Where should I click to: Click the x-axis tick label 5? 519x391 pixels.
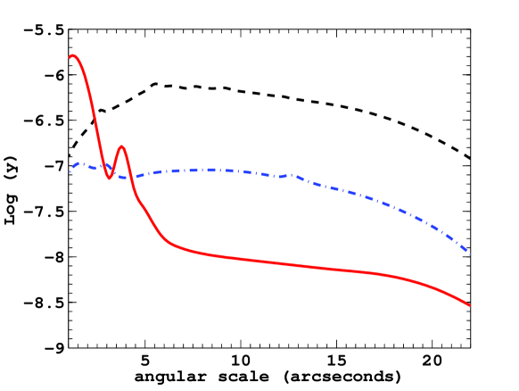coord(145,362)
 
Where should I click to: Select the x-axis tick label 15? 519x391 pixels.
coord(336,362)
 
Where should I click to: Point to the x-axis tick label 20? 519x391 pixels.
coord(432,362)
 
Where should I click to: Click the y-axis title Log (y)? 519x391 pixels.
coord(12,188)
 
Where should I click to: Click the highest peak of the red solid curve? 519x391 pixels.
coord(73,55)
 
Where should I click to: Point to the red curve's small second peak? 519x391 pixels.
coord(121,146)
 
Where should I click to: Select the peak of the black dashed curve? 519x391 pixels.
coord(157,84)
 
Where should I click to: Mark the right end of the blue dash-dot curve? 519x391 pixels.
coord(469,251)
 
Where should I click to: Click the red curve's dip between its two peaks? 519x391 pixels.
coord(110,178)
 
